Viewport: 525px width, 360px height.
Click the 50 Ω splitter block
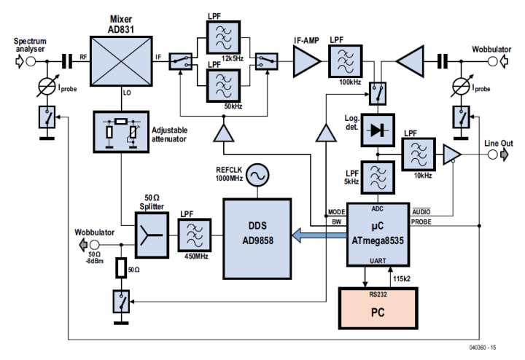149,235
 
